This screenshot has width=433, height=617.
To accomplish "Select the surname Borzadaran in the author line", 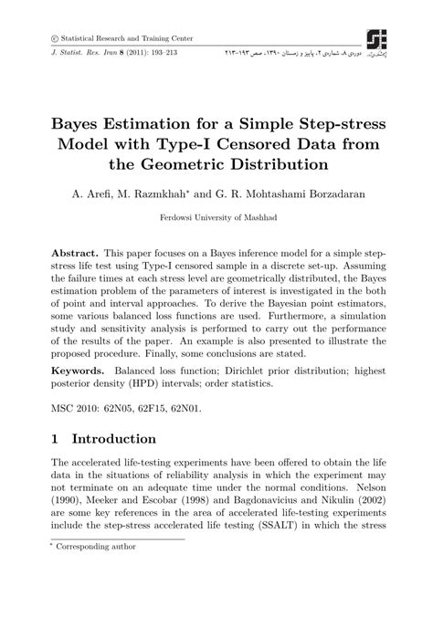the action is (x=330, y=193).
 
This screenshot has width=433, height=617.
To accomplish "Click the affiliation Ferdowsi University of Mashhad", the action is (x=216, y=219).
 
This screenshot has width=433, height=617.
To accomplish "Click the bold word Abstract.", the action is (x=74, y=251).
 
